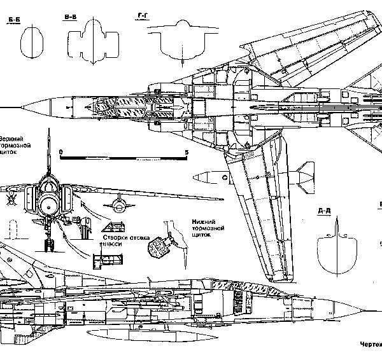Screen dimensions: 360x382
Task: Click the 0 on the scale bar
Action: coord(61,152)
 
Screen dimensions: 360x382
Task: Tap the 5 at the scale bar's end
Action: coord(186,152)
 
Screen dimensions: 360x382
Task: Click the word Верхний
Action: coord(14,139)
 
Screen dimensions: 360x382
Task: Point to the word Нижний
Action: coord(202,221)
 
